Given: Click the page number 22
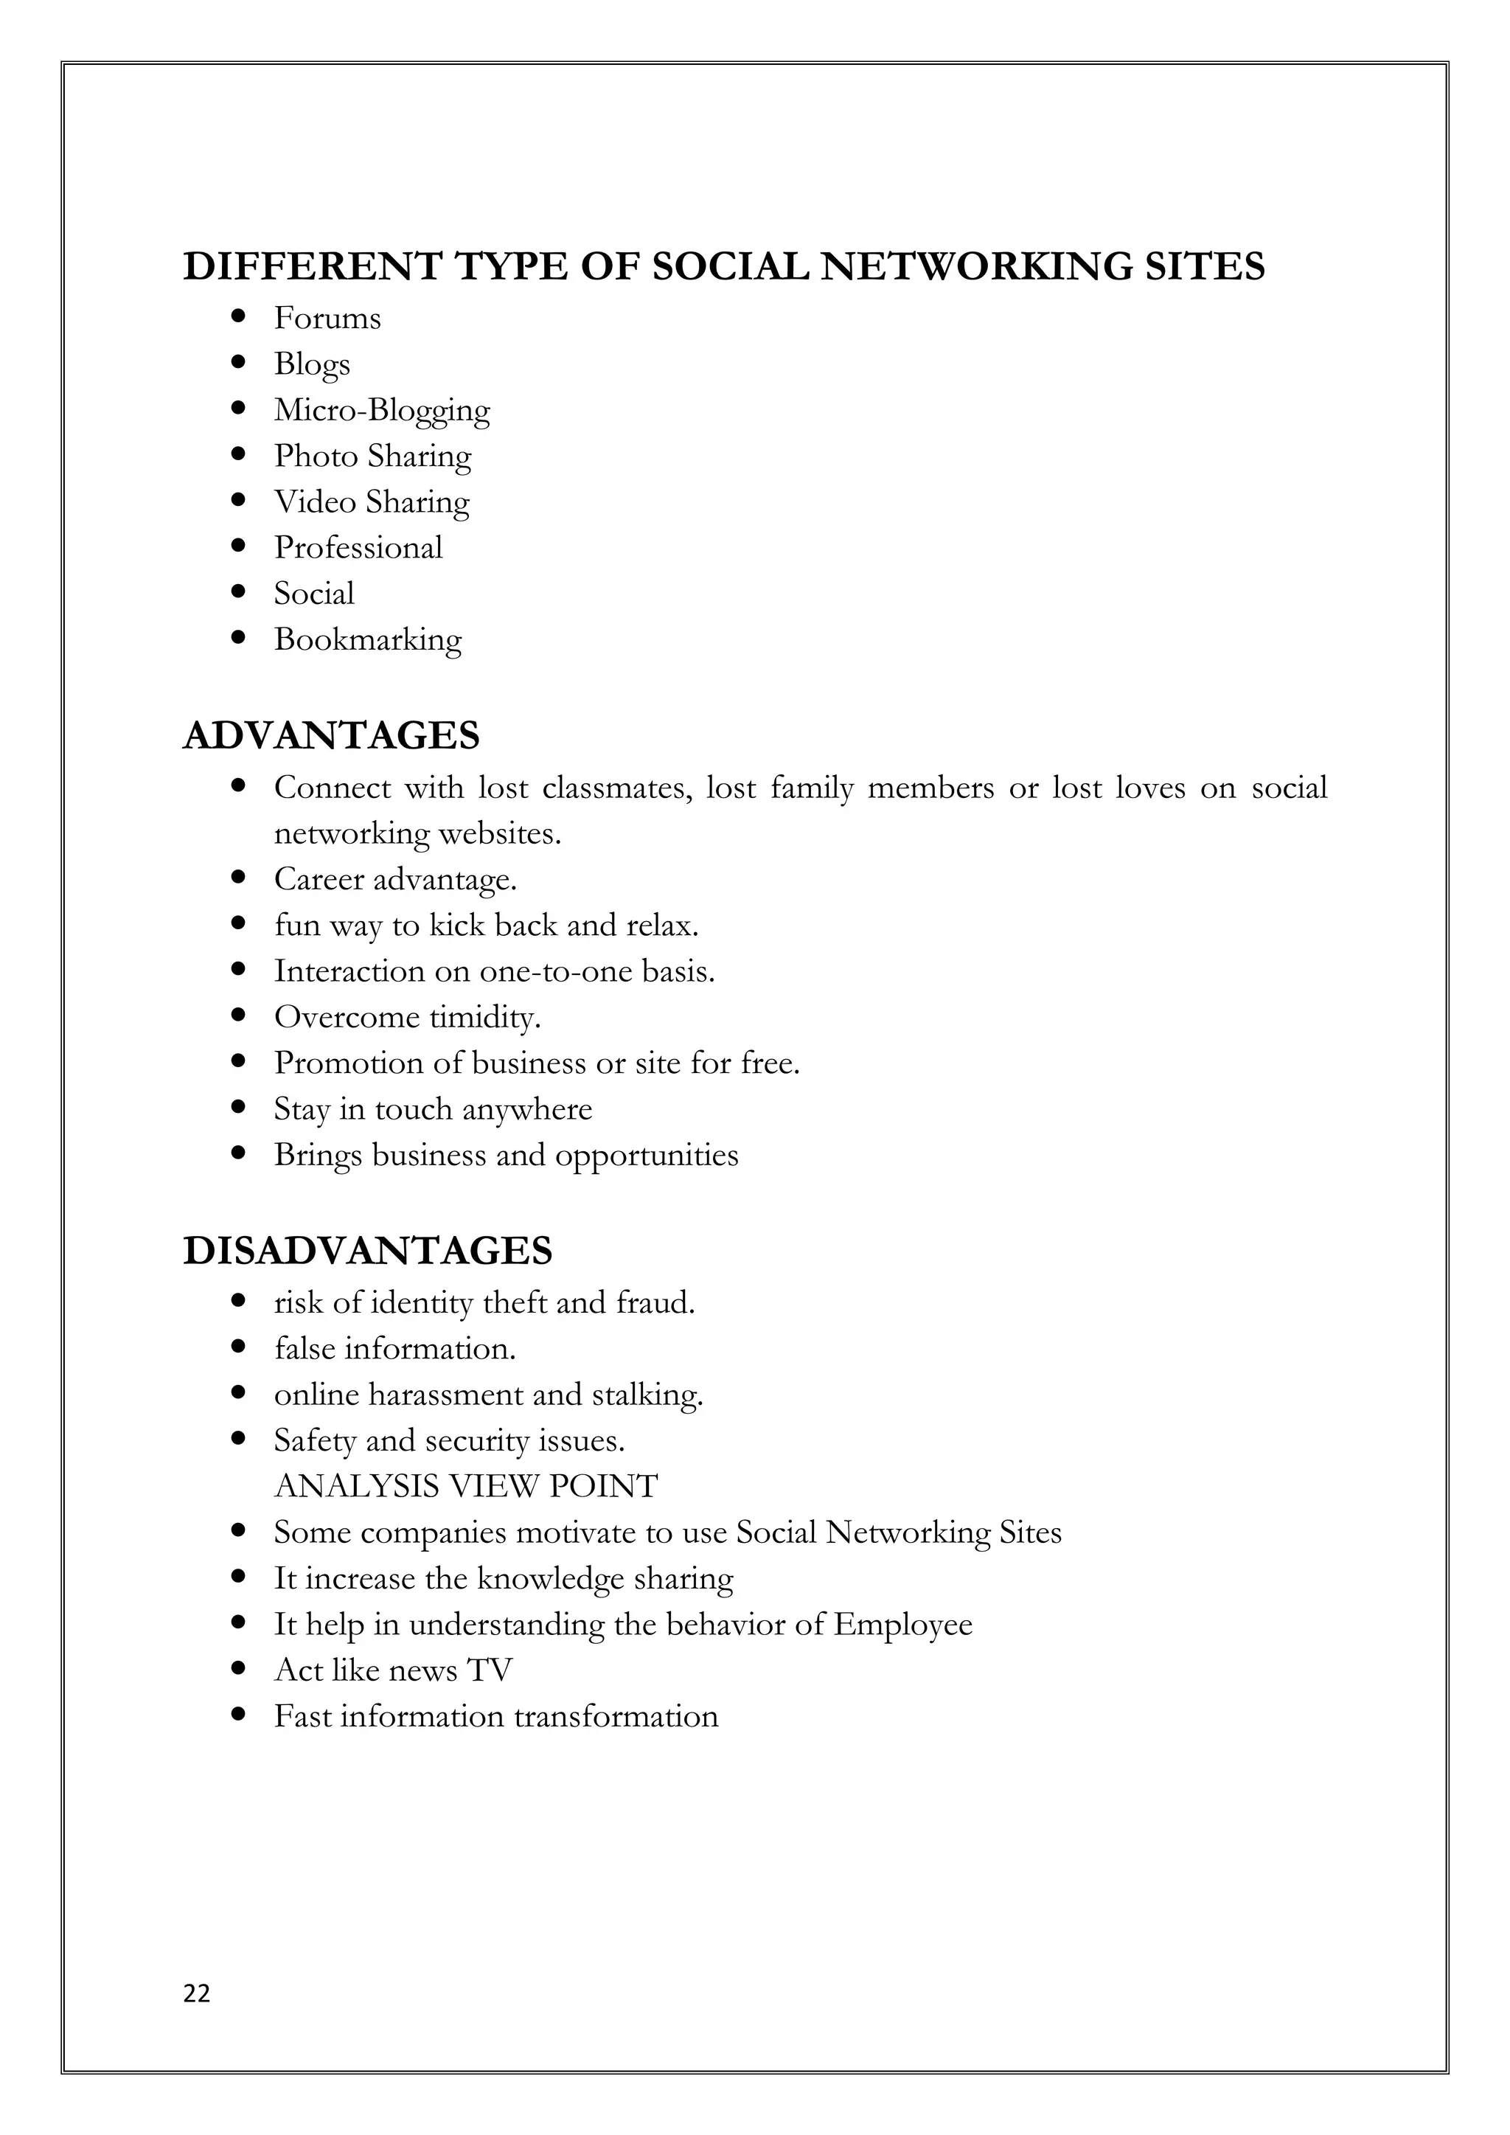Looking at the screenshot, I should [x=197, y=1993].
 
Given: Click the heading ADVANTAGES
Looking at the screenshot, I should [x=331, y=735].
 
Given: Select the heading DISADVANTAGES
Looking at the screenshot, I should [x=367, y=1251].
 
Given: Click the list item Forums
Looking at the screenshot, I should [x=327, y=319].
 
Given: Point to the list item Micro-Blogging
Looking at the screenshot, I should [x=381, y=410].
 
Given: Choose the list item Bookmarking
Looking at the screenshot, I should [x=367, y=639].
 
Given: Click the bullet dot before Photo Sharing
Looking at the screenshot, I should [x=239, y=455].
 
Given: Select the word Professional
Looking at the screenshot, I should [x=358, y=548].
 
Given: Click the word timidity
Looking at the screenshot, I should [x=484, y=1017].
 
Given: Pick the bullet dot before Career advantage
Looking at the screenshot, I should [x=239, y=878].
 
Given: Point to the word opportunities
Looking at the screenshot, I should [x=646, y=1155].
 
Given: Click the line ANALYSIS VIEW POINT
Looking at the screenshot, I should [x=466, y=1486].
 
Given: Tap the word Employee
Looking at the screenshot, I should [x=902, y=1625].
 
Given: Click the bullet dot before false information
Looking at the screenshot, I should [x=239, y=1348].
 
